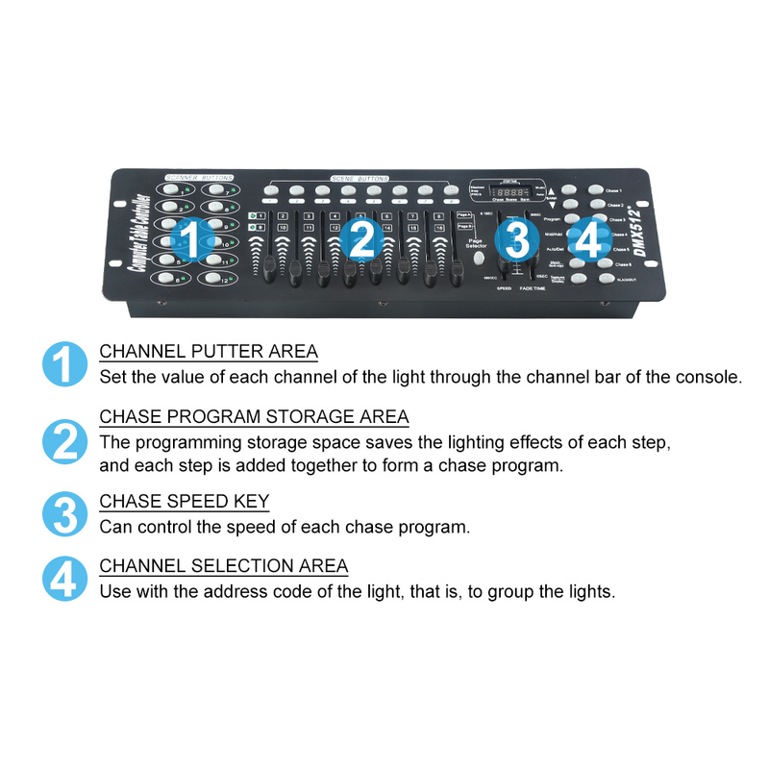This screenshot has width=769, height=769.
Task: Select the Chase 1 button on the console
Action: click(596, 190)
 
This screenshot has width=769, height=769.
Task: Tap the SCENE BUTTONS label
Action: click(361, 179)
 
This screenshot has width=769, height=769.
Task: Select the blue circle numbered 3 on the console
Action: click(517, 240)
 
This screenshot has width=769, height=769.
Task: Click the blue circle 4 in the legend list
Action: click(64, 579)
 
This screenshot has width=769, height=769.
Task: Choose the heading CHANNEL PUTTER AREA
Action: click(209, 352)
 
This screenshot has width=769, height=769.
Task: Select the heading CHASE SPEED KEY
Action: click(185, 502)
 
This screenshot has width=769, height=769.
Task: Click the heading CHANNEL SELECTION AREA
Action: click(224, 566)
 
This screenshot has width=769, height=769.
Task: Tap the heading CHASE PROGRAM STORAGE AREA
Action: click(254, 417)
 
